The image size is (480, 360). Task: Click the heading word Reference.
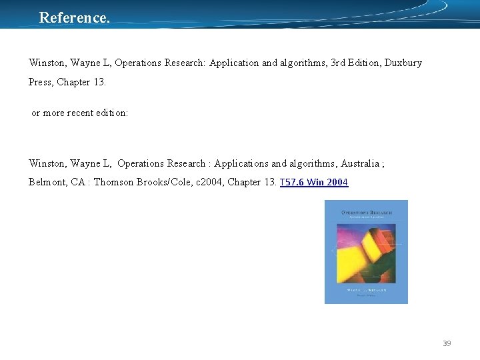[x=75, y=18]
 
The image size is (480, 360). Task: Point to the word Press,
[x=41, y=83]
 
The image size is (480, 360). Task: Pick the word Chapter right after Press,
[x=75, y=83]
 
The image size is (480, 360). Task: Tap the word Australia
[x=362, y=163]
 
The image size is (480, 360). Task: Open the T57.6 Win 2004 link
[x=314, y=183]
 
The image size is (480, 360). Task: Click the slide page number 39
[x=447, y=343]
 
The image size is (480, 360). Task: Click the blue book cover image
[x=366, y=252]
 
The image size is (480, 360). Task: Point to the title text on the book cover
[x=366, y=213]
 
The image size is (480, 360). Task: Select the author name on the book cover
[x=366, y=291]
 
